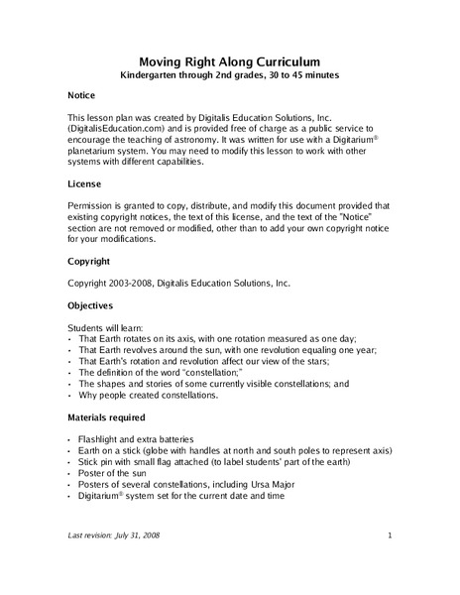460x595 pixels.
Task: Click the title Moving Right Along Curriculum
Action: [229, 60]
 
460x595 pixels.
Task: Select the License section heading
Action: [83, 185]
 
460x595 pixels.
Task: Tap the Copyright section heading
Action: [89, 262]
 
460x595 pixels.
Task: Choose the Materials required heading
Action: [106, 416]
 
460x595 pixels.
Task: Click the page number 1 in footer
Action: [390, 536]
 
